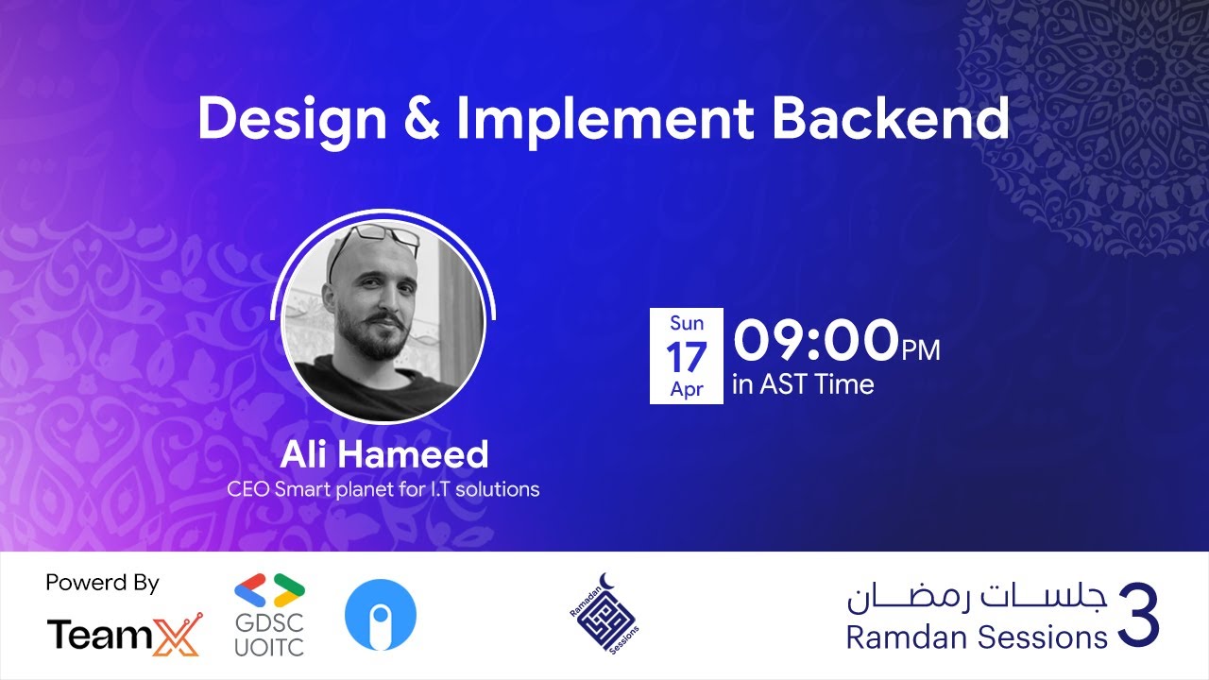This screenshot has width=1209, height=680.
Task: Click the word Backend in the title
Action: click(x=891, y=119)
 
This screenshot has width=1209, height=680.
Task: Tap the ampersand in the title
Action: click(x=421, y=120)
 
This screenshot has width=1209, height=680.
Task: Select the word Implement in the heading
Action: click(x=605, y=121)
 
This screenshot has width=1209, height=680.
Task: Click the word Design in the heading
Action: click(x=292, y=120)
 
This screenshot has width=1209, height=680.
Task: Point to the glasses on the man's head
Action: click(x=374, y=238)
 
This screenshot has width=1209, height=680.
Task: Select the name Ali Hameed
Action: click(x=383, y=454)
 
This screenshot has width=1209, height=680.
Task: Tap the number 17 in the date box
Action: click(x=687, y=357)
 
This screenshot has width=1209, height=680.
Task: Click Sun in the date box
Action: click(x=687, y=323)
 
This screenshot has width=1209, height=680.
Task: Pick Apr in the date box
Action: click(x=687, y=389)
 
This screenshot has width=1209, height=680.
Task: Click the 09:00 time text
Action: click(x=816, y=341)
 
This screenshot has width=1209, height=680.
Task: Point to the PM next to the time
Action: click(x=921, y=350)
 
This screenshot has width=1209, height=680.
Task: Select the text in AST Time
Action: click(x=803, y=384)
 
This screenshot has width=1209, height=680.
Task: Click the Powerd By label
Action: click(x=102, y=583)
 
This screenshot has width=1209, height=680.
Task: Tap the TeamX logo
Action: click(x=124, y=635)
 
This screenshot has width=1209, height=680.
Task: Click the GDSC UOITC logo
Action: click(x=269, y=615)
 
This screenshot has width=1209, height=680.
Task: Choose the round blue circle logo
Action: click(x=381, y=615)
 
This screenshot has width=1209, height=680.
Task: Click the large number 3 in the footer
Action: click(x=1138, y=616)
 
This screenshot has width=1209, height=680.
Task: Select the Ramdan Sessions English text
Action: click(x=976, y=637)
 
